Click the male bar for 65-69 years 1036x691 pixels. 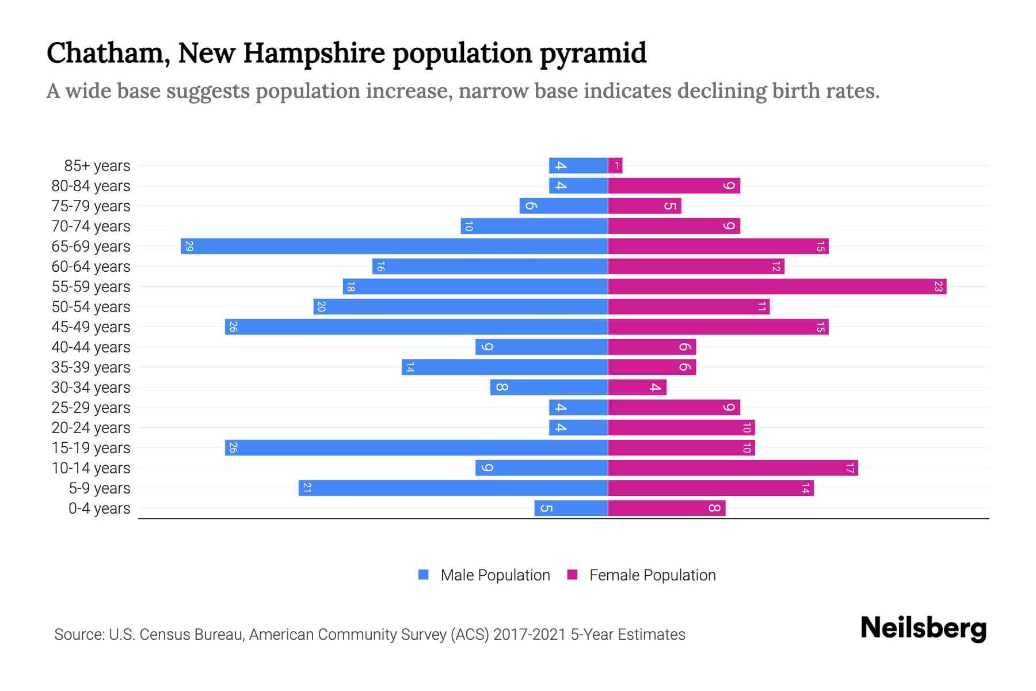(x=394, y=246)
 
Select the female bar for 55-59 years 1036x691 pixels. (x=777, y=287)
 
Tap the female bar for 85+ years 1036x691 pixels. (x=615, y=166)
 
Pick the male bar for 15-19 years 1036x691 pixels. (x=416, y=448)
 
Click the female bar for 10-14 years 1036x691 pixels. (x=733, y=468)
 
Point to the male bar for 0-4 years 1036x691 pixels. (x=571, y=508)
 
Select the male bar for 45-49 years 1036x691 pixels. (x=416, y=327)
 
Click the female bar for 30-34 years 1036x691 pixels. (x=637, y=388)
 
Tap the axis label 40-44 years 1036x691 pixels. (x=91, y=347)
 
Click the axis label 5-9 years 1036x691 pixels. (x=99, y=488)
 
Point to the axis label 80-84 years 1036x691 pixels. (x=91, y=186)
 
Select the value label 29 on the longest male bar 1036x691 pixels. (x=189, y=246)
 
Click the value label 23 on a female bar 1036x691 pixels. (x=938, y=287)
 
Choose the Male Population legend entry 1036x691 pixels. (x=495, y=575)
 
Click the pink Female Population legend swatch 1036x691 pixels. (x=572, y=575)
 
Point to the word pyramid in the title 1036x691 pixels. (x=593, y=53)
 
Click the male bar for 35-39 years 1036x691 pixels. (x=505, y=367)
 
